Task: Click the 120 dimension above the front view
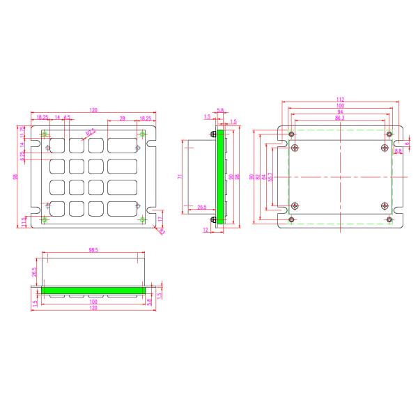tap(93, 111)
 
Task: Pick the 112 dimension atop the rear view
tap(341, 100)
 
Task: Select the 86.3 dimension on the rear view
tap(339, 119)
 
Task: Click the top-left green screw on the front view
tap(45, 134)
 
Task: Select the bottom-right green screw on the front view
tap(144, 220)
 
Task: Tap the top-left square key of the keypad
tap(57, 146)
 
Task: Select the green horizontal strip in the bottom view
tap(93, 288)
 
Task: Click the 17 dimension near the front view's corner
tap(160, 219)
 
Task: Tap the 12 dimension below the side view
tap(207, 229)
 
